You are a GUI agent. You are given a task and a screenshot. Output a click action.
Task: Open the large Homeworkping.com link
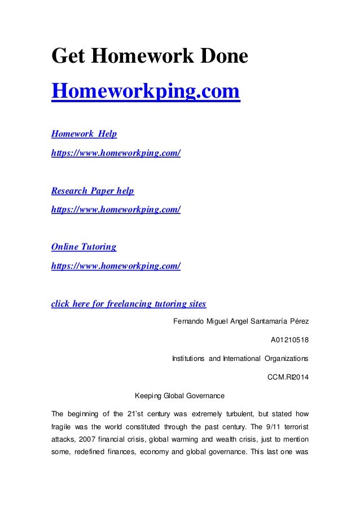click(146, 91)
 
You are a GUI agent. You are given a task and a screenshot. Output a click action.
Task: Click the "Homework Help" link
click(84, 134)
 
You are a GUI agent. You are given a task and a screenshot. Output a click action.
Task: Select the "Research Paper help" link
click(93, 191)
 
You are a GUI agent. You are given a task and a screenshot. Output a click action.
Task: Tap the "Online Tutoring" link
click(84, 247)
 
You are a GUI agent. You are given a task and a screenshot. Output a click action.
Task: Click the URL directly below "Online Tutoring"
click(116, 265)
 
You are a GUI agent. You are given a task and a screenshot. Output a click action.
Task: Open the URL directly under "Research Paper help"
click(116, 210)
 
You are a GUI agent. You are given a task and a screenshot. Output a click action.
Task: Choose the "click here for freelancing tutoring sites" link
click(129, 304)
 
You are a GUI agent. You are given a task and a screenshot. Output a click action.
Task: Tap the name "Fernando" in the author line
click(186, 321)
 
